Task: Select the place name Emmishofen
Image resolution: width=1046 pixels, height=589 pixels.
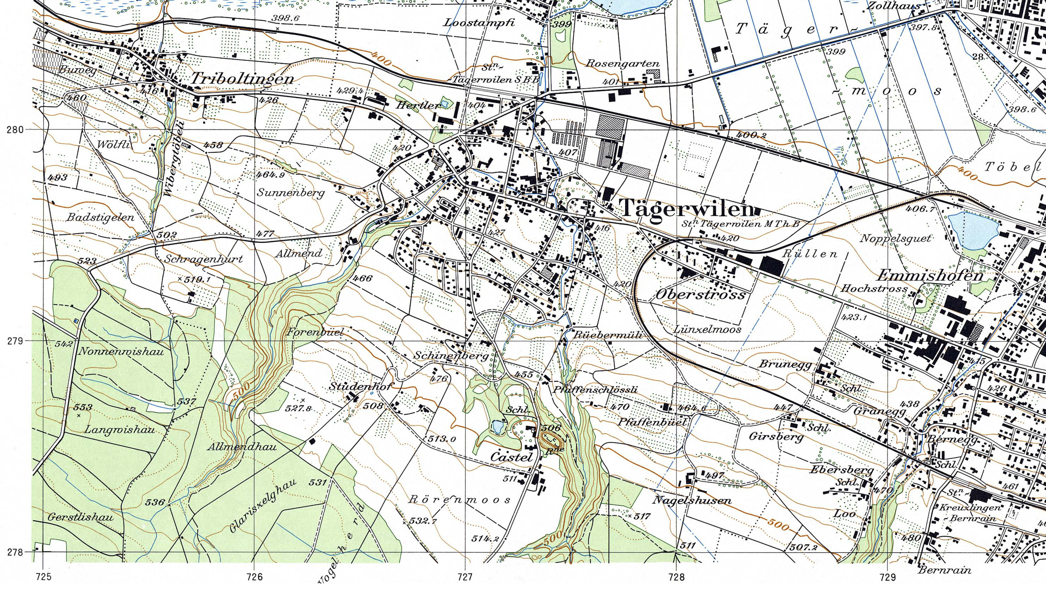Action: pyautogui.click(x=930, y=276)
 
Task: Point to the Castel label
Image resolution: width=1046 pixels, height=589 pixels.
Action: pyautogui.click(x=511, y=457)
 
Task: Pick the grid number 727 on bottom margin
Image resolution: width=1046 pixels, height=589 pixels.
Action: pyautogui.click(x=465, y=577)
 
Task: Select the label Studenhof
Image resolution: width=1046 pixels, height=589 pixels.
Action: pyautogui.click(x=359, y=386)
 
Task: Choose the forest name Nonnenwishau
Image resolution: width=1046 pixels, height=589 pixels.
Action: pyautogui.click(x=121, y=351)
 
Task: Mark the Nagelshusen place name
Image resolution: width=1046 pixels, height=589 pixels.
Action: pyautogui.click(x=692, y=500)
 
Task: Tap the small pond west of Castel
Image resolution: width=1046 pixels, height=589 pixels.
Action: pyautogui.click(x=496, y=427)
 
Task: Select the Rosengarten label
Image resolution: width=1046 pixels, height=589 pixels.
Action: pyautogui.click(x=622, y=64)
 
